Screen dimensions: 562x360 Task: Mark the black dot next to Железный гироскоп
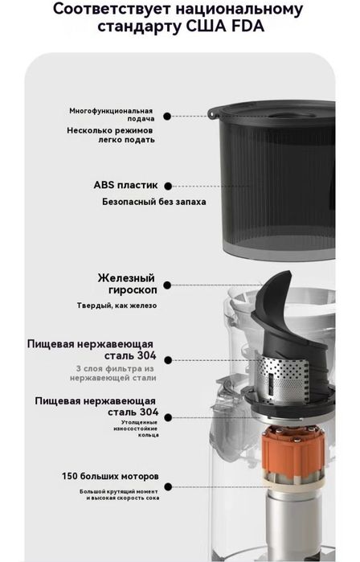tap(166, 284)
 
